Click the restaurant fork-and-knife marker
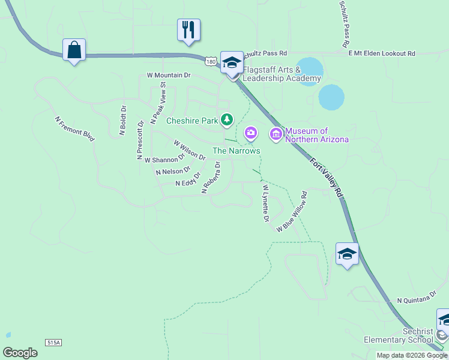tap(188, 29)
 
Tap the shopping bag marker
tap(74, 50)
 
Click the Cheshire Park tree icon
tap(226, 121)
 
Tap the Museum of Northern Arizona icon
tap(276, 134)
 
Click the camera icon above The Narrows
tap(250, 132)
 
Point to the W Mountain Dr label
tap(168, 76)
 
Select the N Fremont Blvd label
tap(75, 129)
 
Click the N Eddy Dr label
tap(187, 182)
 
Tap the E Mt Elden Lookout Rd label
tap(382, 53)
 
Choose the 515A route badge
tap(53, 342)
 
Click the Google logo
tap(20, 353)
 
